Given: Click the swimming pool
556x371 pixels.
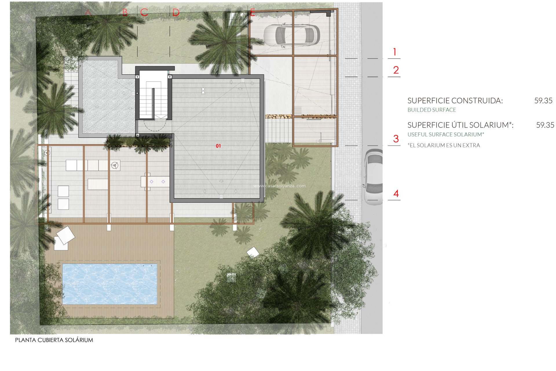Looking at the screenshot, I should pos(110,284).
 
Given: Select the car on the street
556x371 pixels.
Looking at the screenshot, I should pos(373,177).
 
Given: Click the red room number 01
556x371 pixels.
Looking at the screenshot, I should pos(218,146).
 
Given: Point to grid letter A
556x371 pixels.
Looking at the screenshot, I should pos(88,13).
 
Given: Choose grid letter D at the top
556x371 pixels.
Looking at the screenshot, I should pos(176,13).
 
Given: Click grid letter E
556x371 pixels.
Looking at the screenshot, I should pos(253,13).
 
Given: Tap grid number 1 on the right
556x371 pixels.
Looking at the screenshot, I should pos(394,52).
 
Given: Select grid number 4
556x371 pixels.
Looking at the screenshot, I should pos(396,194).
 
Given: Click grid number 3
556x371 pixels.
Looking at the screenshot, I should pos(396,139).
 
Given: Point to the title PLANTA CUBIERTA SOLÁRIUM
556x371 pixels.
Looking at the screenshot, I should pos(54,340).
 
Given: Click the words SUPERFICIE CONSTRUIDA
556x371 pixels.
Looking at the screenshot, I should pos(455,101).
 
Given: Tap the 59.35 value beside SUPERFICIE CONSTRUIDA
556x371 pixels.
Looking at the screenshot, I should pos(543,101).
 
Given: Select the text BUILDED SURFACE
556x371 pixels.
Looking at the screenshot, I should pos(431,110).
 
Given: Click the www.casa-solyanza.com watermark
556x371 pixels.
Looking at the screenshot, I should pos(279,186).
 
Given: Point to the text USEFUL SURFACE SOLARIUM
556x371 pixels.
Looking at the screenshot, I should pos(446,134).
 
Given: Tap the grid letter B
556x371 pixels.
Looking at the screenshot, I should pos(125,13).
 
